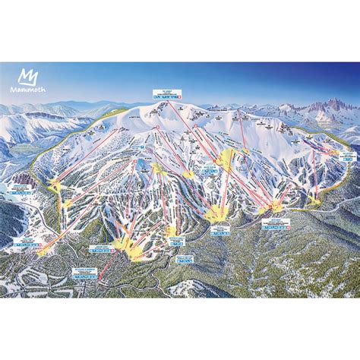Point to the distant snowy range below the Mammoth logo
[38, 114]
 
